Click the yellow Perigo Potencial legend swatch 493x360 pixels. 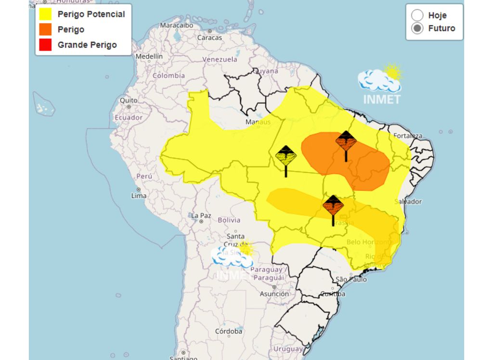(45, 14)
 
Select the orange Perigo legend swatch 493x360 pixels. (45, 29)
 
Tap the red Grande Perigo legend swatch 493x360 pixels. (45, 45)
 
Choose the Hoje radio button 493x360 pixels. (417, 15)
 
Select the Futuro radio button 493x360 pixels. (417, 28)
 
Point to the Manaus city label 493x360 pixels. (258, 122)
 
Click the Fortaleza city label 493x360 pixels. (408, 136)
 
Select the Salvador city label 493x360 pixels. (408, 201)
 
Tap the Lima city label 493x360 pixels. (139, 195)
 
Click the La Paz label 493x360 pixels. (201, 215)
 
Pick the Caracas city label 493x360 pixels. (209, 37)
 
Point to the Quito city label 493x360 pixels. (129, 100)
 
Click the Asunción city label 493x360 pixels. (274, 294)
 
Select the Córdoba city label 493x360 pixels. (228, 331)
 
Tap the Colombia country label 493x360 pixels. (169, 76)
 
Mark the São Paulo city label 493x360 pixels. (351, 279)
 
